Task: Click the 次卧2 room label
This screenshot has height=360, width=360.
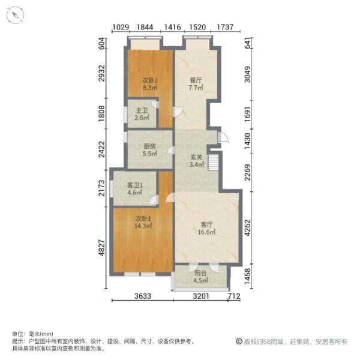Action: coord(150,80)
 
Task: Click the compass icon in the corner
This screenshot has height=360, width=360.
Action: coord(14,15)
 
